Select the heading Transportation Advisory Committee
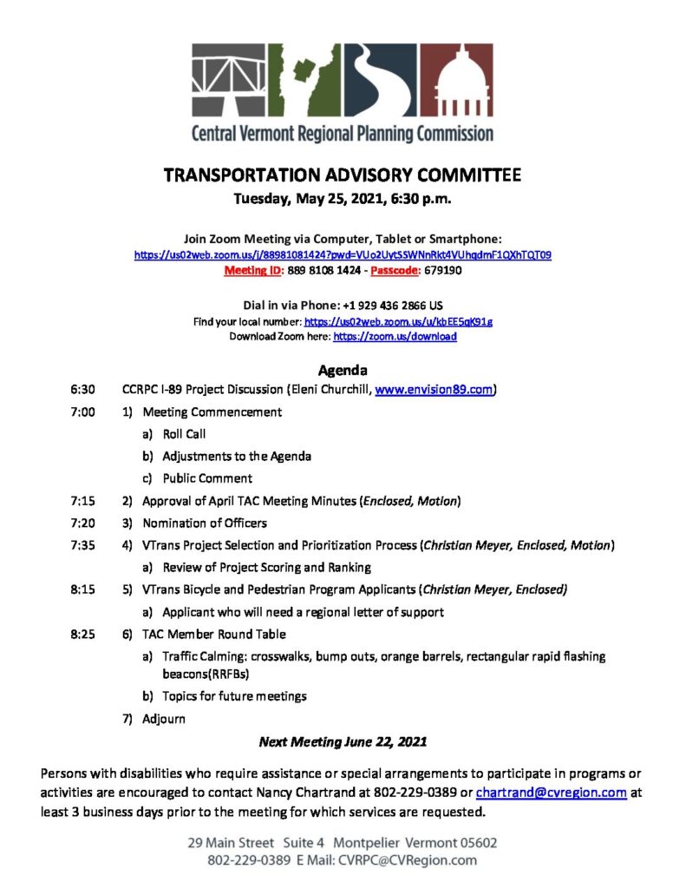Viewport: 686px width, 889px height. click(x=343, y=175)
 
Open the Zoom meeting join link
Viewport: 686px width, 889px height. click(x=343, y=255)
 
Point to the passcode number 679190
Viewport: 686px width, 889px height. click(x=445, y=270)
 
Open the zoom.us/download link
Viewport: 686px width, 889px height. click(x=395, y=336)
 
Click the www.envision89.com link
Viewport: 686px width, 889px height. click(x=434, y=390)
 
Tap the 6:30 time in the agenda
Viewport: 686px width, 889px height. click(x=83, y=390)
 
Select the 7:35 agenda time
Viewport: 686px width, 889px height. click(x=83, y=545)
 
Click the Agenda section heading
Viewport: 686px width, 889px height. click(x=343, y=369)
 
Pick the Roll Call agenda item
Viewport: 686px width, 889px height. click(x=184, y=434)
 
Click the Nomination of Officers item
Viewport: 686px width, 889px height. click(x=205, y=523)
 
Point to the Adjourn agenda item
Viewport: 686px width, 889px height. click(x=164, y=719)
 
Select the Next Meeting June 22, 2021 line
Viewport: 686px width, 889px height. click(x=343, y=742)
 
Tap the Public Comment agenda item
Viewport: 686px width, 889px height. click(x=207, y=478)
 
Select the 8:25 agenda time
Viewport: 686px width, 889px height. click(x=83, y=634)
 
